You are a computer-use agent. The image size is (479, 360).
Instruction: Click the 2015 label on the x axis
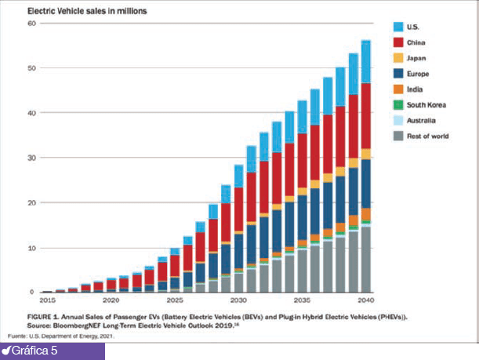(x=47, y=300)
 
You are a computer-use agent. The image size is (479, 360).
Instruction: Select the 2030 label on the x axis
(x=238, y=300)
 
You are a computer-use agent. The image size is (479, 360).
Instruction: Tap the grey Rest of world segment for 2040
(x=365, y=259)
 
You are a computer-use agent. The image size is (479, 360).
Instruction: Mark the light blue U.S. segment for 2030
(x=238, y=176)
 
